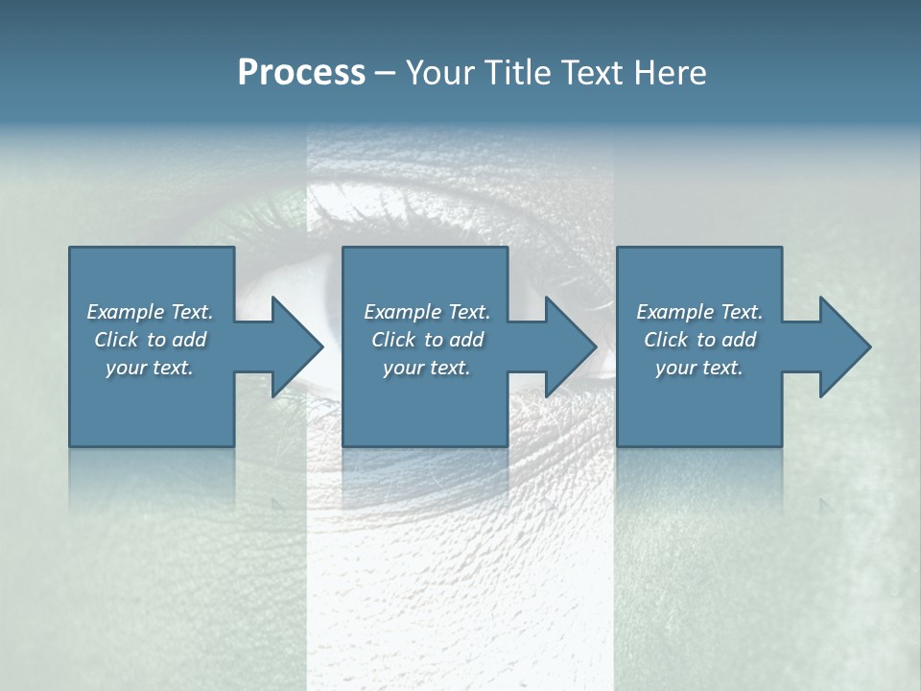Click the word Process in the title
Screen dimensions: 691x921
coord(301,73)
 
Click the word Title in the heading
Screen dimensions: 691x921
coord(513,73)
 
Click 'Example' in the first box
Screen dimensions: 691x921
coord(126,312)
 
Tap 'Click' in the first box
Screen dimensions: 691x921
coord(116,340)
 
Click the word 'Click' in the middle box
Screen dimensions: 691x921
coord(393,340)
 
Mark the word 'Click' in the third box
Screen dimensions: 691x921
coord(666,340)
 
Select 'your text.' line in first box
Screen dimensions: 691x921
coord(150,368)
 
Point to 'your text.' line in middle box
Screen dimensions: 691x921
coord(426,368)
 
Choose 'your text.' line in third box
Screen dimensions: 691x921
coord(698,368)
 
